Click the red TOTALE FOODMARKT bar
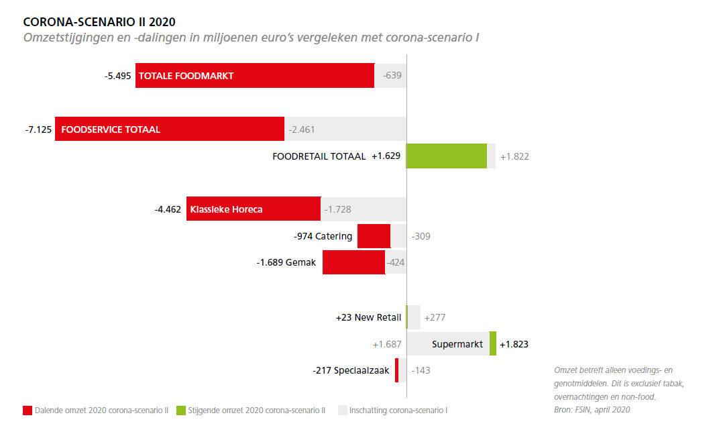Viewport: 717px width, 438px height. [255, 76]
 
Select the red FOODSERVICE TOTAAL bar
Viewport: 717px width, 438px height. [170, 129]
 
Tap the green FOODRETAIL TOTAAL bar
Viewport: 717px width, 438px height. [447, 156]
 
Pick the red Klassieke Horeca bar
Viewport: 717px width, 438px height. [254, 209]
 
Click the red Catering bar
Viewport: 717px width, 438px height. [374, 236]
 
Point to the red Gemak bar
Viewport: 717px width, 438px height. [353, 262]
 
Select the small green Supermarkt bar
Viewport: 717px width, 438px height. [493, 343]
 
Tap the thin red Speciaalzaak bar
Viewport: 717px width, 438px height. [397, 370]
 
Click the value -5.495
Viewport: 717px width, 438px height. [118, 76]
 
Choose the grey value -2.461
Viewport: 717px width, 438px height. [302, 129]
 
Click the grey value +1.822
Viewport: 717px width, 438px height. [514, 156]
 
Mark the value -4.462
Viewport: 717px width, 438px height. [168, 209]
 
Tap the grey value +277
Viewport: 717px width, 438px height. [435, 317]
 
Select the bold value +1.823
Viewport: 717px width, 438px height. [514, 344]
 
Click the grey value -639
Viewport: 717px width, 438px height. [392, 76]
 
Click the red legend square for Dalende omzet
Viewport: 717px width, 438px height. [27, 410]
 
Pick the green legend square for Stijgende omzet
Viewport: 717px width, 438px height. [181, 410]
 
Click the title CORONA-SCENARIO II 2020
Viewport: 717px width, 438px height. [99, 22]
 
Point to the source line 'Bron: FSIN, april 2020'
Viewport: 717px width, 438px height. [592, 409]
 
